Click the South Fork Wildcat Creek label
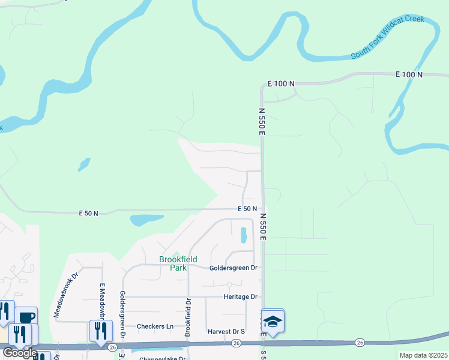(388, 37)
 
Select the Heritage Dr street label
(240, 297)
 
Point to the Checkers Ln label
(155, 326)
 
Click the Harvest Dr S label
(226, 331)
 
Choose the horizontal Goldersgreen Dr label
(233, 268)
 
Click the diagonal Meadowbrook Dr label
(66, 295)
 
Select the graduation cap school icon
(273, 322)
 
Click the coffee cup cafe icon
(26, 316)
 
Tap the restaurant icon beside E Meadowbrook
(100, 329)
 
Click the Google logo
(19, 353)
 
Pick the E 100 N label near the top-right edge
(409, 74)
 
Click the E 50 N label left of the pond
(88, 213)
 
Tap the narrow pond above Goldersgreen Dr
(244, 235)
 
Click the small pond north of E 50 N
(84, 164)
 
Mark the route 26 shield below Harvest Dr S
(236, 343)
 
